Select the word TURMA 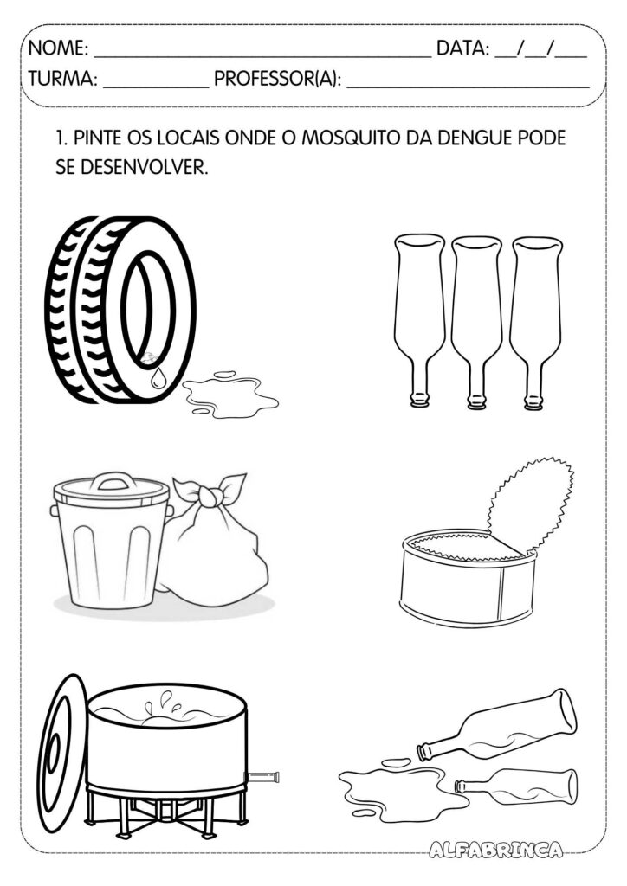pos(62,79)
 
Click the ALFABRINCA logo pos(495,850)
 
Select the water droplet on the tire pos(157,378)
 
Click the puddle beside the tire pos(229,395)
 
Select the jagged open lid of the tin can pos(528,504)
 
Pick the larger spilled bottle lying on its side pos(497,726)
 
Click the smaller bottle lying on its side pos(516,786)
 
